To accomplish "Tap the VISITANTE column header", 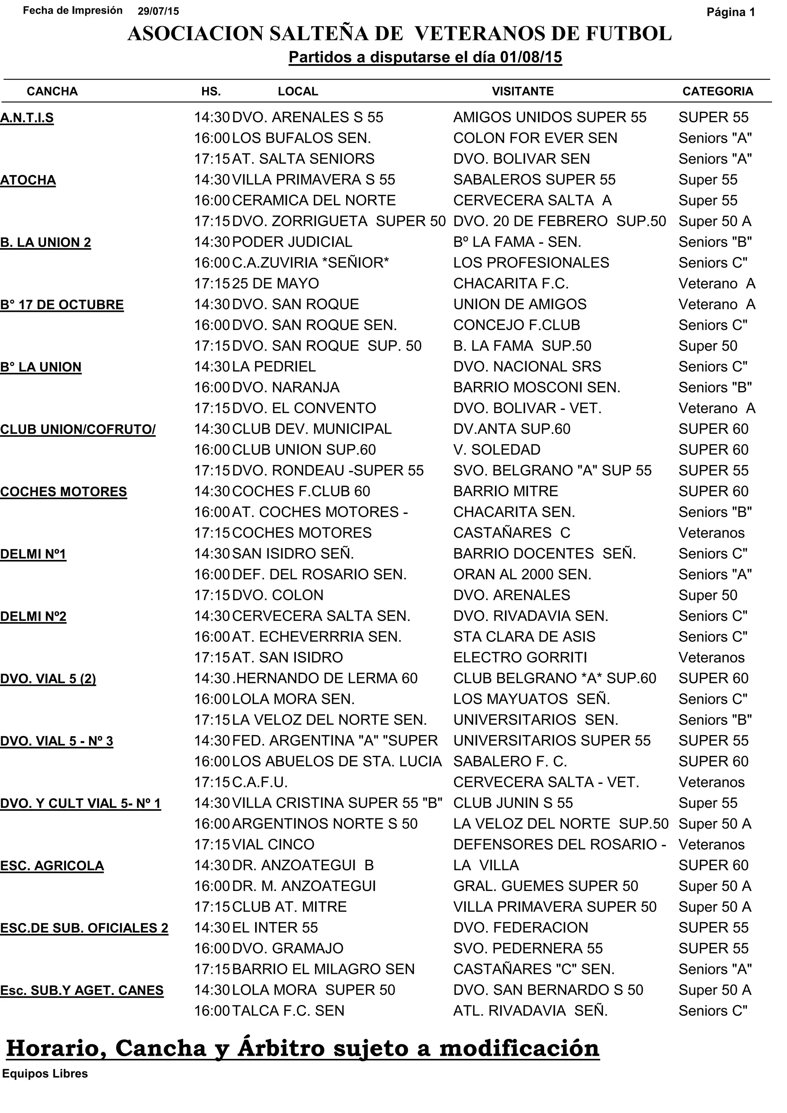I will tap(522, 92).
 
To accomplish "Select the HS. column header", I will tap(211, 92).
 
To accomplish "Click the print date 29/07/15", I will tap(158, 12).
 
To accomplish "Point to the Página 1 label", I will tap(731, 12).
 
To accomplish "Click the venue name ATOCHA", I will tap(28, 181).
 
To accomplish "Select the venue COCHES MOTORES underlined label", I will tap(63, 492).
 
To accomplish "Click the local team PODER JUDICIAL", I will tap(292, 242).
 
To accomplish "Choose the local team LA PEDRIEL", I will tap(274, 366).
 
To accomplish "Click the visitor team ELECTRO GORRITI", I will tap(520, 658).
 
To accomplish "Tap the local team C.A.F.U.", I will tap(260, 782).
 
